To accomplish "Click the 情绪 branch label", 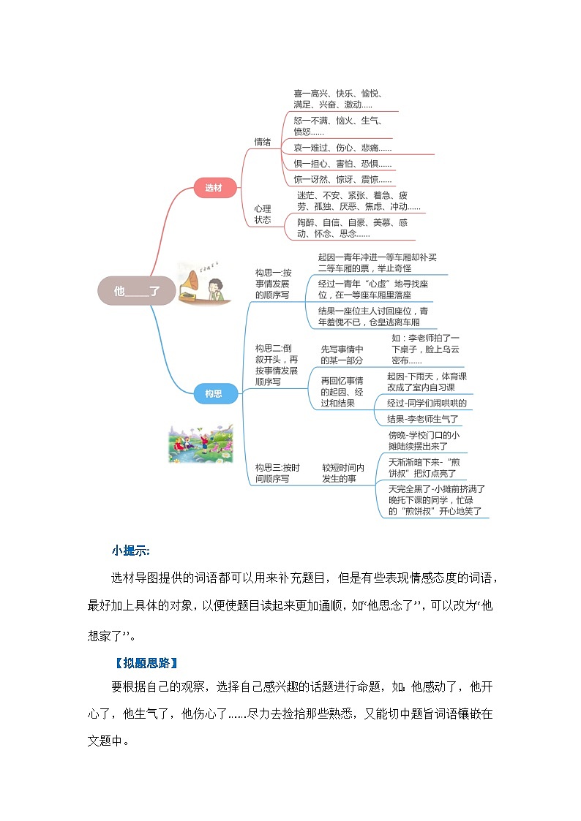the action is tap(263, 142).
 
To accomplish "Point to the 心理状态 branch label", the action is tap(263, 213).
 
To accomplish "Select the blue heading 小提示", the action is tap(131, 551).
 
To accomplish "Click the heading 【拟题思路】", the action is tap(146, 663).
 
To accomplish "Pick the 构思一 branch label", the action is tap(273, 284).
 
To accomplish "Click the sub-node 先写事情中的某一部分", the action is tap(342, 355).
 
